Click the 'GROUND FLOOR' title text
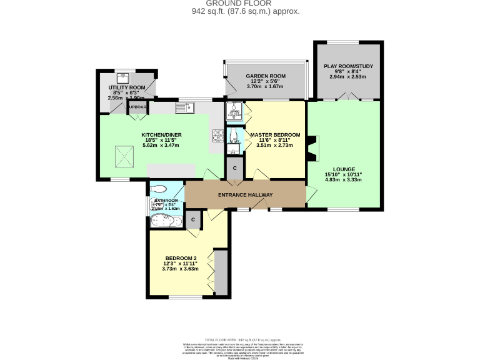pyautogui.click(x=240, y=4)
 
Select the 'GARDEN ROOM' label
pyautogui.click(x=265, y=76)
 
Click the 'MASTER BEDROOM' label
pyautogui.click(x=275, y=135)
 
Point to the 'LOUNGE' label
pyautogui.click(x=344, y=168)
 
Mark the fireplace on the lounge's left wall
pyautogui.click(x=313, y=149)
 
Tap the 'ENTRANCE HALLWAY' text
pyautogui.click(x=244, y=195)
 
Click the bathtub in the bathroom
pyautogui.click(x=166, y=221)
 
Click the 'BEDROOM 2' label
pyautogui.click(x=181, y=258)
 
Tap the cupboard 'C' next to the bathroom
pyautogui.click(x=193, y=219)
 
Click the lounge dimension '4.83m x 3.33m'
pyautogui.click(x=344, y=179)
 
